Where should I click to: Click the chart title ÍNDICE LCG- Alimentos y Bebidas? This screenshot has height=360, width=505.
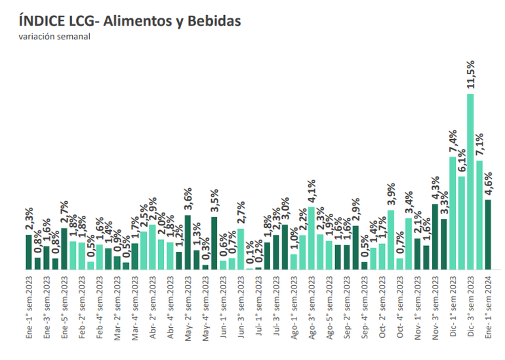(x=130, y=22)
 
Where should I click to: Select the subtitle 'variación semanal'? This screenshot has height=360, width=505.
(x=54, y=37)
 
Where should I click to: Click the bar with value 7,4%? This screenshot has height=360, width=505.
(x=453, y=212)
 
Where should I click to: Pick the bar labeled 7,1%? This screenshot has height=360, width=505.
(x=479, y=214)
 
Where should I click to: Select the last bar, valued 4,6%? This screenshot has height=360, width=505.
(x=488, y=234)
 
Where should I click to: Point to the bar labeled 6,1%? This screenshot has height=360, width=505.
(x=462, y=222)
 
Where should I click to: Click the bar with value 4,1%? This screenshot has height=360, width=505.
(x=312, y=238)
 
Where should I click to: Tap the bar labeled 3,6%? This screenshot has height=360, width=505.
(x=188, y=242)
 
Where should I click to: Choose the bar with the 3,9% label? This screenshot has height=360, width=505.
(x=391, y=239)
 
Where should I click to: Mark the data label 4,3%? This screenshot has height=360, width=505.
(x=435, y=190)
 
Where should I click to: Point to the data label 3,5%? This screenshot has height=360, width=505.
(x=214, y=203)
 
